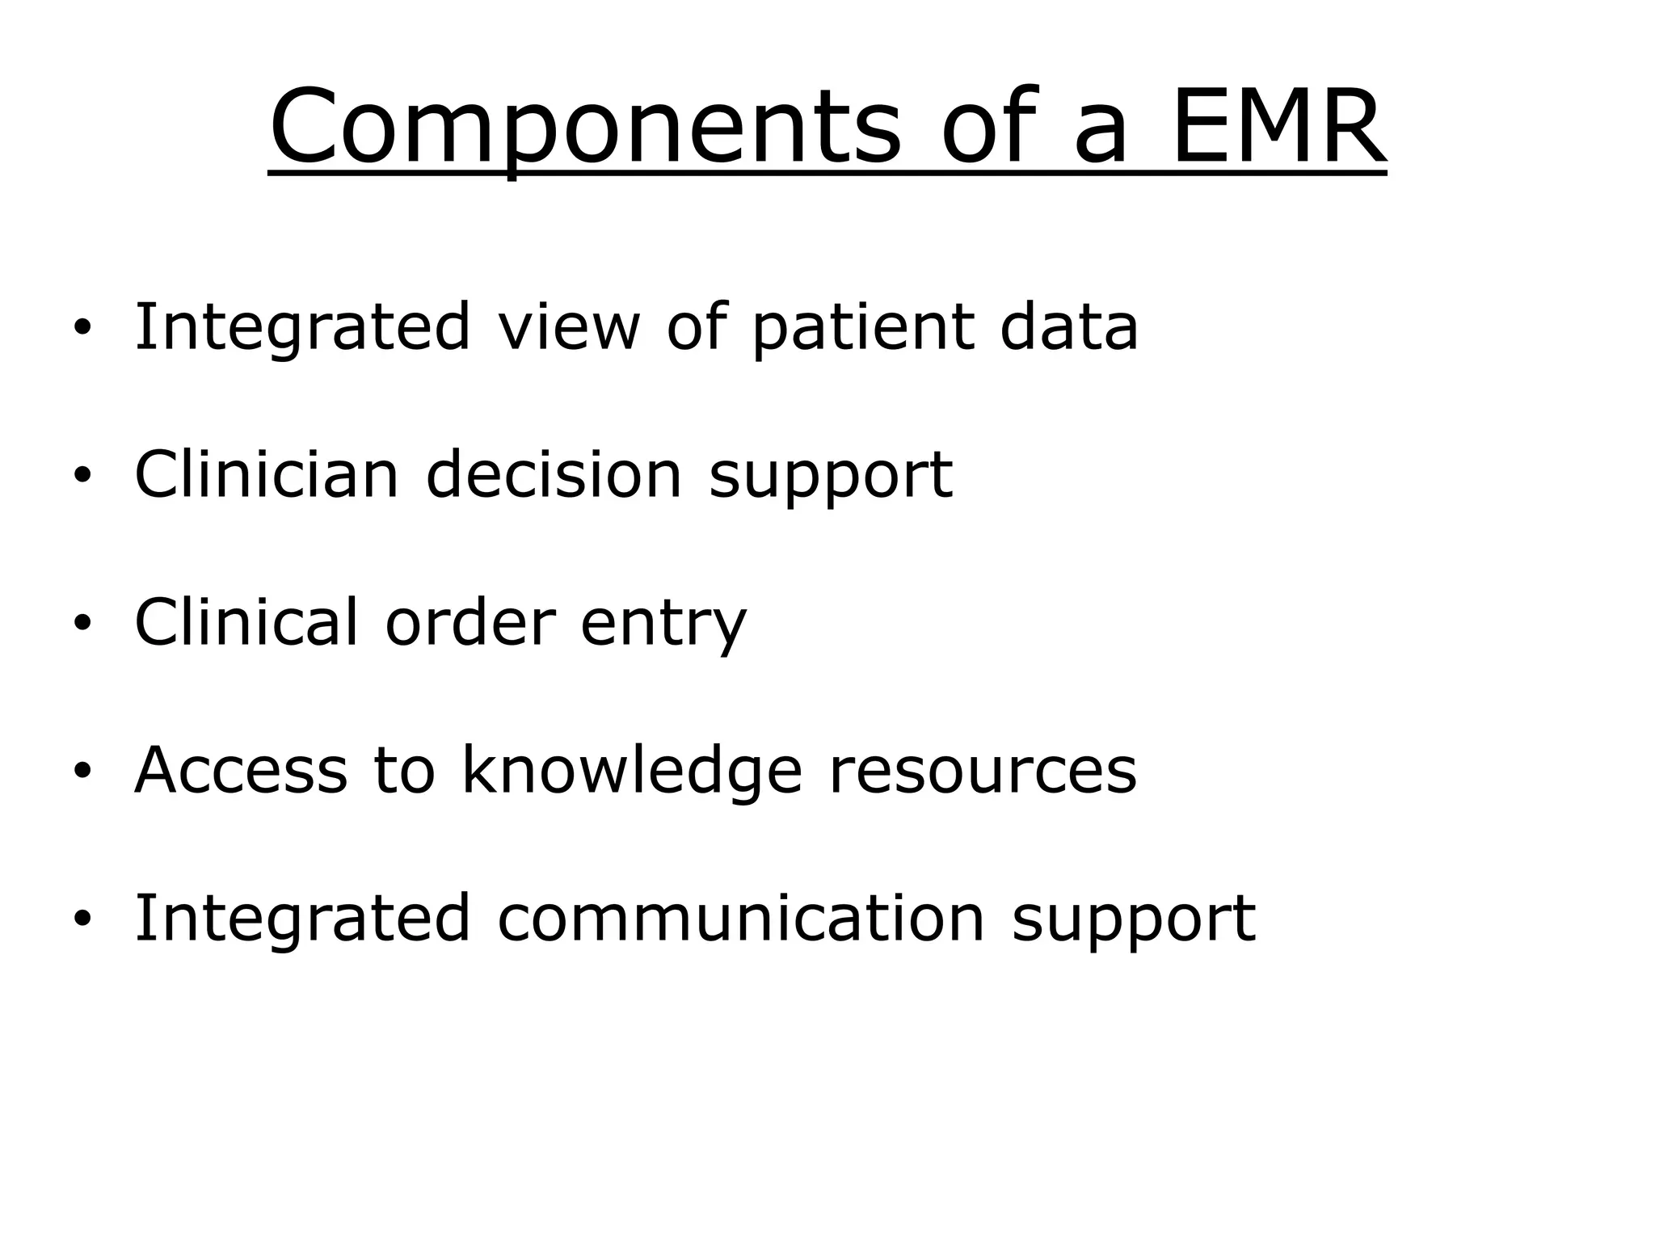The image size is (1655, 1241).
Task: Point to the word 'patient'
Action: (x=862, y=328)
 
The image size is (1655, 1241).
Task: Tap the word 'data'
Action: (x=1068, y=326)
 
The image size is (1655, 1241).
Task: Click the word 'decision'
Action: (x=554, y=474)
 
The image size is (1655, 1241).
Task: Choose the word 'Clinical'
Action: (x=246, y=622)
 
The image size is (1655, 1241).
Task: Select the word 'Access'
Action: (x=241, y=770)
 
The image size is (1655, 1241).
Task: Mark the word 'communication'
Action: (x=741, y=918)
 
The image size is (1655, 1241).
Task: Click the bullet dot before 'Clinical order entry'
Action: (x=82, y=623)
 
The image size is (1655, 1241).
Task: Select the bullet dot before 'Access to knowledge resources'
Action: (x=82, y=771)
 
